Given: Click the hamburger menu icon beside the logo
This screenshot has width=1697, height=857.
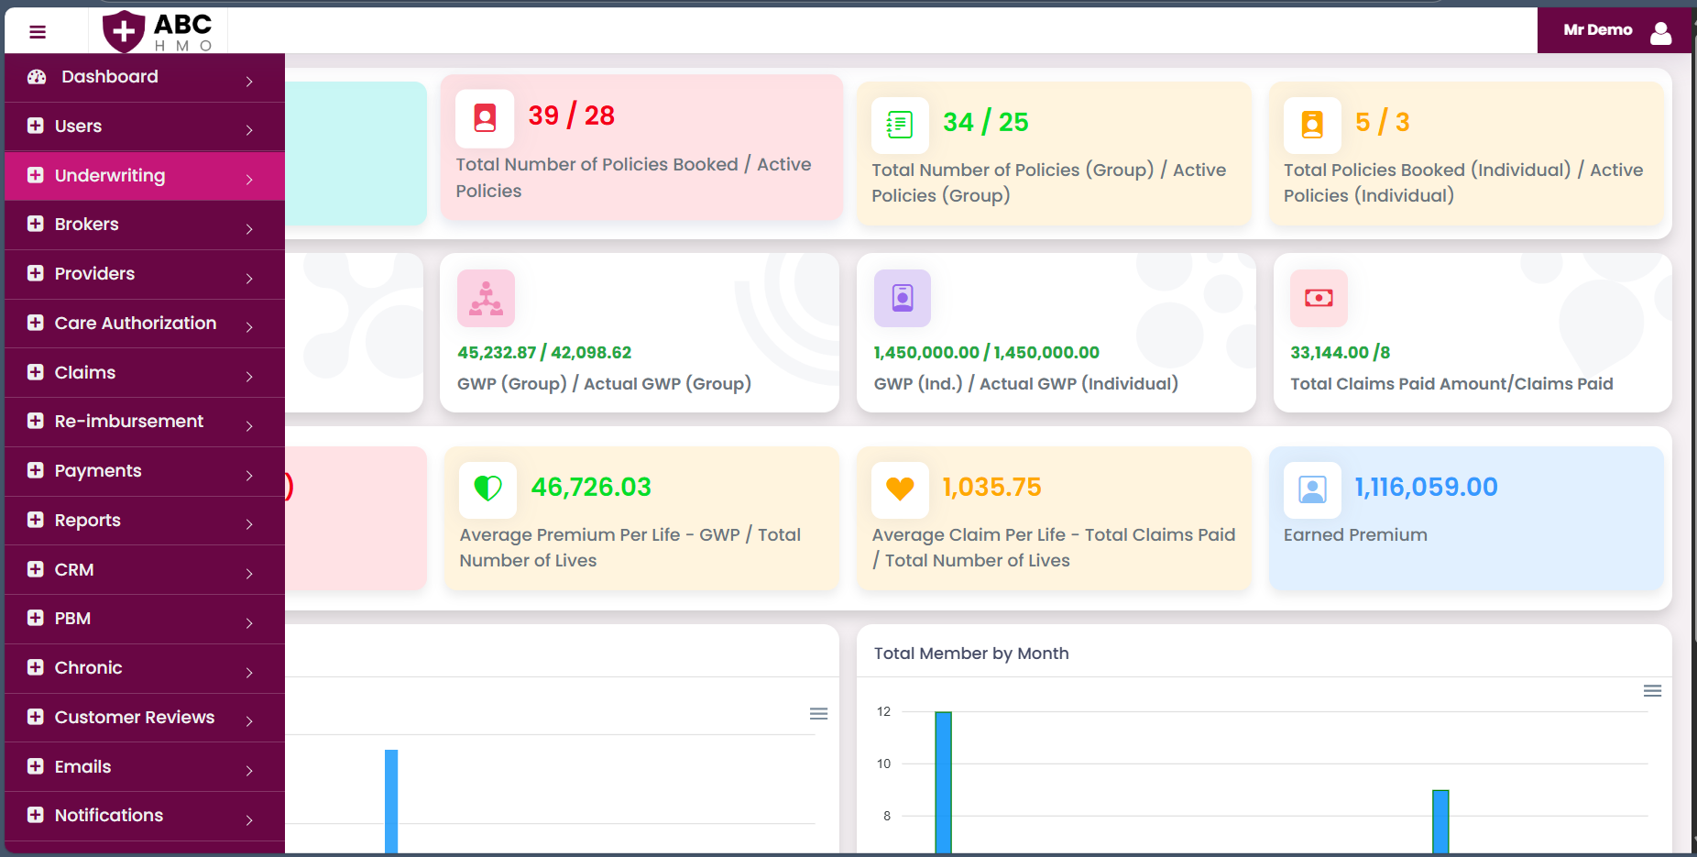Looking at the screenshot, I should (38, 32).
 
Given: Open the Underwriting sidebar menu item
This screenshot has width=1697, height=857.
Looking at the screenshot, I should (110, 176).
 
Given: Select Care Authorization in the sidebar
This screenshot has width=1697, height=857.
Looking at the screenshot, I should (135, 324).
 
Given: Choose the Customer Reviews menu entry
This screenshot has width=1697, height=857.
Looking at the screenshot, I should (134, 718).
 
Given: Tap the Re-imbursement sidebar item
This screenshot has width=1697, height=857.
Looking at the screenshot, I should (128, 422).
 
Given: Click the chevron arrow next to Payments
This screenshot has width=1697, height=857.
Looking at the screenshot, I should (249, 475).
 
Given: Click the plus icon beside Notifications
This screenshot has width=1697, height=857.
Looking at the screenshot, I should (36, 815).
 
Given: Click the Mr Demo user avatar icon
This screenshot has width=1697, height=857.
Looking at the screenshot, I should (1660, 33).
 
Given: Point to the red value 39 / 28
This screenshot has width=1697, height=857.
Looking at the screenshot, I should (571, 115).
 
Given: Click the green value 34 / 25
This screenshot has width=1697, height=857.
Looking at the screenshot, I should (985, 122).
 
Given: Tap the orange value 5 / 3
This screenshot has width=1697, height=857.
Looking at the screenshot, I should (1382, 122).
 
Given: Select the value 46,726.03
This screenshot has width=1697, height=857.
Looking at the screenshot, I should (591, 487).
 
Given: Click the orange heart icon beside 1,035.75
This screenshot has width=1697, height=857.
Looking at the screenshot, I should (900, 489).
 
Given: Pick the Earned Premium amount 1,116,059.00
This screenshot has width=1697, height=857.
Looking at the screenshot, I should (1426, 487).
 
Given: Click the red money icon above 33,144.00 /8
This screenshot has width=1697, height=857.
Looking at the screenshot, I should (1319, 298).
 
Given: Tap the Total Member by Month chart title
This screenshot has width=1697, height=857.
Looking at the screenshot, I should (970, 654).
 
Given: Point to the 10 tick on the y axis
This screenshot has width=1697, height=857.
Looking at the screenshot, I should (883, 764).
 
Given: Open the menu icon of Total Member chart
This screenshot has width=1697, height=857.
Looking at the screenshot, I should (1652, 691).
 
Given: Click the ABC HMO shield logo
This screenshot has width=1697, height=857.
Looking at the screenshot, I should (124, 32).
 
